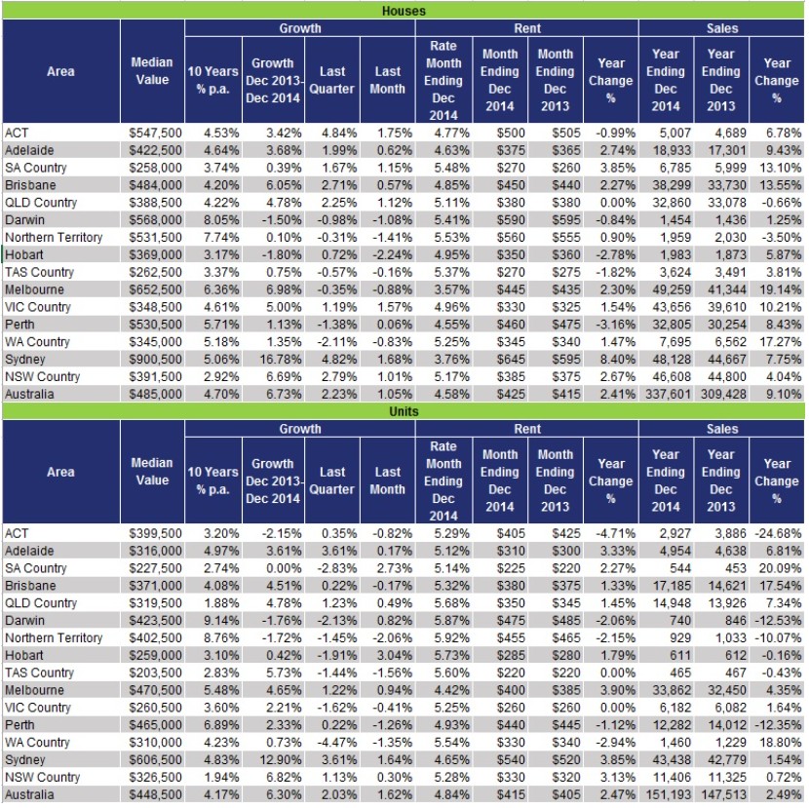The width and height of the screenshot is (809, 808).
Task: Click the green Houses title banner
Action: coord(404,11)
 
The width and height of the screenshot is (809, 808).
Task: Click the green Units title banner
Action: coord(404,411)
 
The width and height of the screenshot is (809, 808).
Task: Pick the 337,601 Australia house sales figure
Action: coord(665,394)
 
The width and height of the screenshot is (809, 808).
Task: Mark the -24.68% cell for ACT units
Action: coord(776,533)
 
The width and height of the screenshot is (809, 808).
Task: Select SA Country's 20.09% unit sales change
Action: coord(778,568)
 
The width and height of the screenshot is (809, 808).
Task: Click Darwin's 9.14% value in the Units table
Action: coord(212,620)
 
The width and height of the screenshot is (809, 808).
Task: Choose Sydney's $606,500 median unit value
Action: coord(153,759)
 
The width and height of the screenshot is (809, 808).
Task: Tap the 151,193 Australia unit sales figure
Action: coord(665,794)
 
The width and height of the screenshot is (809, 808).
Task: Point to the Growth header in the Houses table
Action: coord(299,28)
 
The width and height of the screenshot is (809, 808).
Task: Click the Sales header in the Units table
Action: coord(721,429)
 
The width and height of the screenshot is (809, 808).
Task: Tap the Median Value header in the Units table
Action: coord(152,472)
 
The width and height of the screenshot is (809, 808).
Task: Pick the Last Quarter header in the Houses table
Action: coord(331,80)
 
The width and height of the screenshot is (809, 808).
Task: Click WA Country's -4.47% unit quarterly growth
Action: coord(333,742)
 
